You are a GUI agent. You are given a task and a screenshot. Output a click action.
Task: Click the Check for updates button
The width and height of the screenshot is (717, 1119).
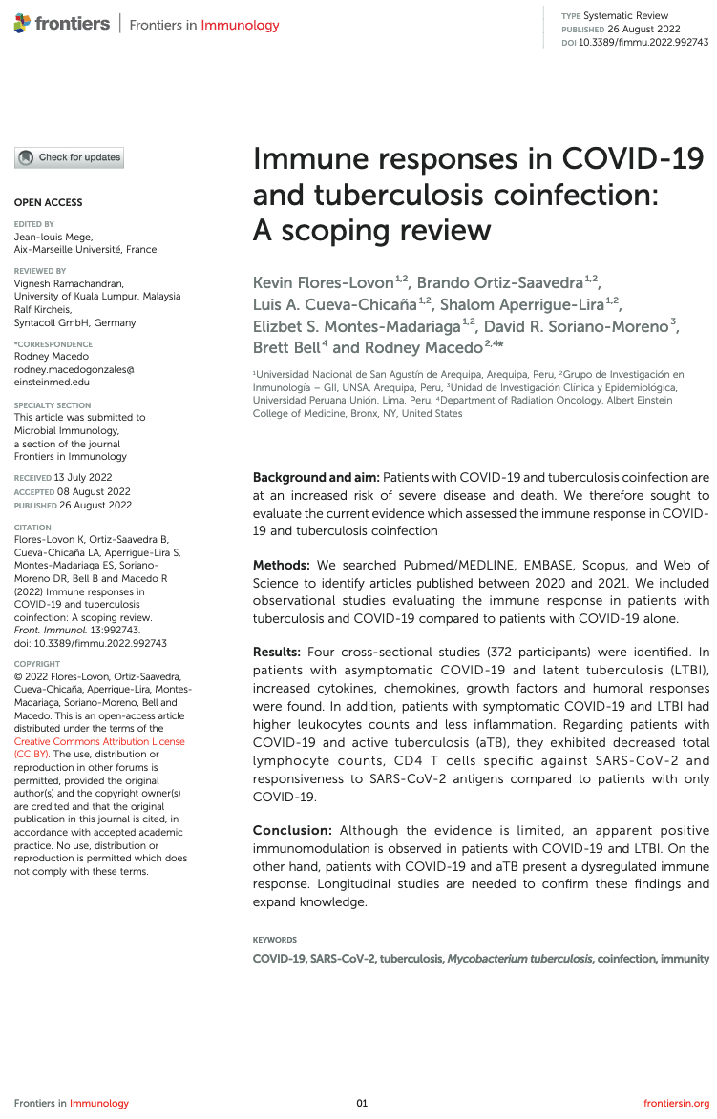coord(69,157)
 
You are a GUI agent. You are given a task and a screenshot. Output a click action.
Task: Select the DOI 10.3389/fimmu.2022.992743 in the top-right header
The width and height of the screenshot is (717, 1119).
coord(643,43)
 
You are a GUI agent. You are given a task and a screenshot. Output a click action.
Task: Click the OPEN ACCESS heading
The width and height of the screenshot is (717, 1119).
coord(48,202)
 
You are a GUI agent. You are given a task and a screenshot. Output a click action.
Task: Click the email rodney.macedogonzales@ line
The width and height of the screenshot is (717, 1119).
coord(74,369)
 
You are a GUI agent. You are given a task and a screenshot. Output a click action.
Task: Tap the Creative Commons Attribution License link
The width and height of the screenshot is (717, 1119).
coord(99,741)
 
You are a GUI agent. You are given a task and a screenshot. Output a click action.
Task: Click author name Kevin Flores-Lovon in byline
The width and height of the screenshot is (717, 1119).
coord(322,282)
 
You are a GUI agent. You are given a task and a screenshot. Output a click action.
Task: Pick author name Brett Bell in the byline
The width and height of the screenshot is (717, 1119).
coord(286,347)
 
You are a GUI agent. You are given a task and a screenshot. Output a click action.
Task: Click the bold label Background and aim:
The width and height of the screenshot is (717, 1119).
coord(315,477)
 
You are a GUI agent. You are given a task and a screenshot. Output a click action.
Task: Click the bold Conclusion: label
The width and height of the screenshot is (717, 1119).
coord(292,830)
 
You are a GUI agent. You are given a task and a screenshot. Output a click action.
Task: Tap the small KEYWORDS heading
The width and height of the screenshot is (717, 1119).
coord(274,940)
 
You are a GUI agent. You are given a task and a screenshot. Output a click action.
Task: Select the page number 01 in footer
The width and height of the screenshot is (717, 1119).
coord(362,1103)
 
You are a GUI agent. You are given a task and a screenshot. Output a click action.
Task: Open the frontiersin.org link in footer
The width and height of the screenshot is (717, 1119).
coord(677,1103)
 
